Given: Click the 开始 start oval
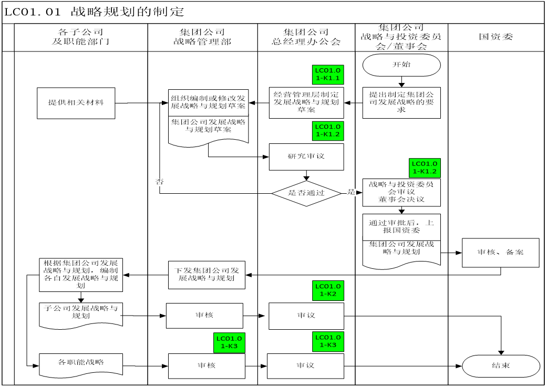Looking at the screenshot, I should (401, 65).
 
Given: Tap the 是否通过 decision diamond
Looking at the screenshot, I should (307, 193).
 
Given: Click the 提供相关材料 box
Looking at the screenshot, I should (76, 103).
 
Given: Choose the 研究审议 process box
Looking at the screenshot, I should (307, 156).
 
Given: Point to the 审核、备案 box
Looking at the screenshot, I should (501, 252).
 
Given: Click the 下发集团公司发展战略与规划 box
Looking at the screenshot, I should (207, 275).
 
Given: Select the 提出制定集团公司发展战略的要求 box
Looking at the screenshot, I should (401, 103).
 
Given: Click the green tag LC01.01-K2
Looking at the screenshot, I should (328, 290).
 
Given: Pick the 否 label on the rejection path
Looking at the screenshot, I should (160, 182).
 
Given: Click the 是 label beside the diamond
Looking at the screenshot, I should (351, 192).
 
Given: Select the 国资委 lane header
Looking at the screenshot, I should (496, 37).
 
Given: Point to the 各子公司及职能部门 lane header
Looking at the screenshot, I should (80, 37).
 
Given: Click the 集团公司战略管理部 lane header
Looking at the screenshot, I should (202, 37).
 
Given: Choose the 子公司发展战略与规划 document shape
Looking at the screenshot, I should (80, 313).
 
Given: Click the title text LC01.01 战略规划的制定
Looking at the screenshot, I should (95, 12).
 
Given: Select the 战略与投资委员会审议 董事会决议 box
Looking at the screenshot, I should (401, 192).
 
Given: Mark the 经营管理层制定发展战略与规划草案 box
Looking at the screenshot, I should (306, 102).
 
